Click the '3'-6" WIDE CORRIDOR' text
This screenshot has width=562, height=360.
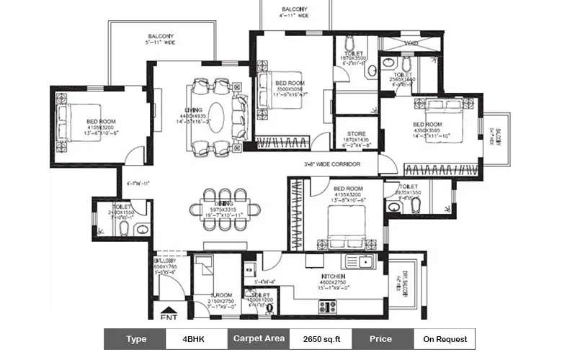332,165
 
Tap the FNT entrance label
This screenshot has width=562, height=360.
169,316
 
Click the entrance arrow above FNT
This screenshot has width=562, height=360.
169,305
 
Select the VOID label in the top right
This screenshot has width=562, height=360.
411,43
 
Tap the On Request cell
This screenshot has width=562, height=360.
445,338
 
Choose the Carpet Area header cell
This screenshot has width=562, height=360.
257,338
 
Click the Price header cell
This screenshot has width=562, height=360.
381,338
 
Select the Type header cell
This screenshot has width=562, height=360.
135,338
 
